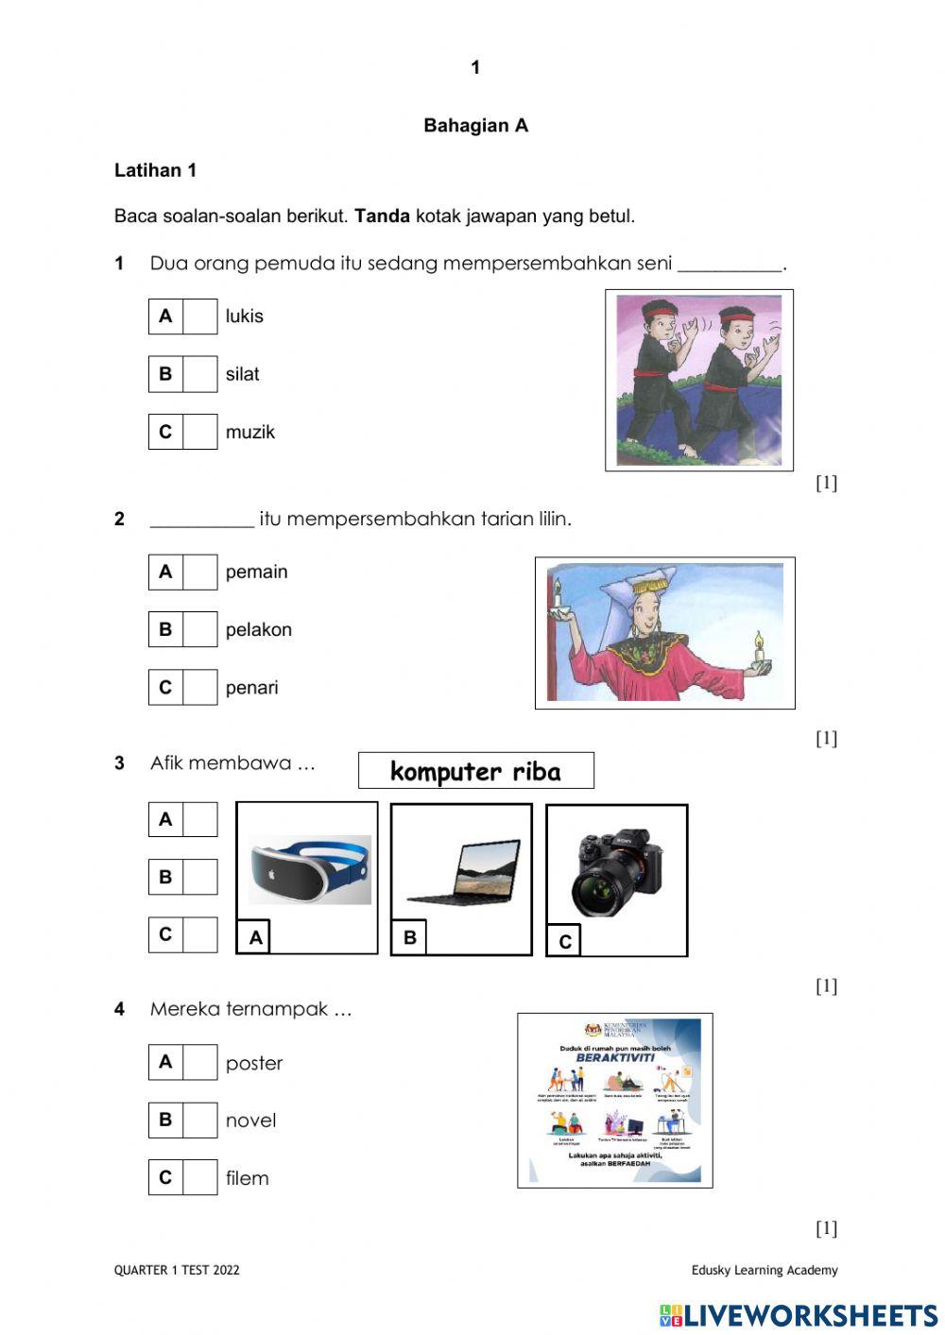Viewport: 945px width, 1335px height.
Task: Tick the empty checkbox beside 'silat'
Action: pos(199,374)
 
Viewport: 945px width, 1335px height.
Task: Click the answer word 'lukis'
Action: pos(244,317)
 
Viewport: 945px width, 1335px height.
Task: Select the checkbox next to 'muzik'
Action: pos(199,432)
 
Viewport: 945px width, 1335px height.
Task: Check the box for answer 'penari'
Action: pos(199,688)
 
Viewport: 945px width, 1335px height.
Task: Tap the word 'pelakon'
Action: pos(258,630)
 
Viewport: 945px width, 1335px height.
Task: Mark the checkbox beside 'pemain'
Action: pos(199,573)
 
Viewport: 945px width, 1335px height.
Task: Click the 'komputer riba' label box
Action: pos(475,771)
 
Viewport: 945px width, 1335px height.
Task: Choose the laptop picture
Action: pos(463,872)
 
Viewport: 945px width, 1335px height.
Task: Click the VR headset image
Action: pos(309,869)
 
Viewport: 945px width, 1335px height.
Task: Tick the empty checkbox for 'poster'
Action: pos(199,1063)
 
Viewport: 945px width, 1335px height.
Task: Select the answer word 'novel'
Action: pos(250,1121)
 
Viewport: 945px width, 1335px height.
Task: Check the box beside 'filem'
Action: pos(199,1178)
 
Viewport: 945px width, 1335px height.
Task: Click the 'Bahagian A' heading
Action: pos(475,126)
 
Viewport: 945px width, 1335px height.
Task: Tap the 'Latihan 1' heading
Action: pos(155,171)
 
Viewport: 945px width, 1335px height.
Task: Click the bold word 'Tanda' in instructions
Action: pos(382,216)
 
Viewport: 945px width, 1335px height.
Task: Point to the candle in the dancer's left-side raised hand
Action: pos(558,594)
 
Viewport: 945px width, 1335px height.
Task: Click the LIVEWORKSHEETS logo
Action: pos(799,1315)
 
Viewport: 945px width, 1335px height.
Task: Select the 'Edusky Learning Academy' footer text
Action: pos(764,1271)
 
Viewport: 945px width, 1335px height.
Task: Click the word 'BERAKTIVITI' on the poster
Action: pos(614,1057)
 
